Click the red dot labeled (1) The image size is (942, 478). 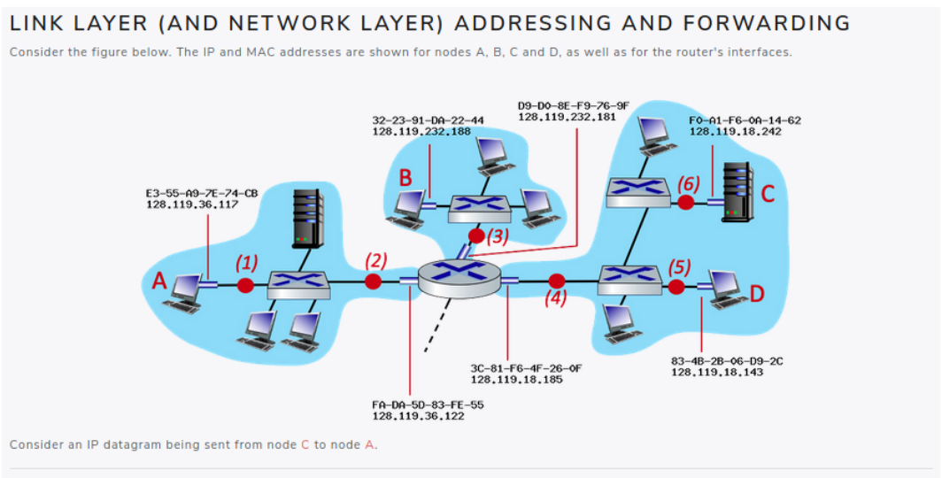click(246, 285)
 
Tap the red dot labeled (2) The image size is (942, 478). click(374, 281)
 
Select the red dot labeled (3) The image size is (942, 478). click(476, 235)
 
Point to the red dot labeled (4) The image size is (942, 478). click(557, 281)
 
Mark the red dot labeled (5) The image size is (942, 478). click(676, 286)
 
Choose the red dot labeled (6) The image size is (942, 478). click(685, 203)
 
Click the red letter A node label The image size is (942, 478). click(158, 281)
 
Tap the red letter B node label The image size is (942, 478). click(405, 178)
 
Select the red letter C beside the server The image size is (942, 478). click(768, 194)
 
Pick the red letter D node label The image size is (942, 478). click(758, 292)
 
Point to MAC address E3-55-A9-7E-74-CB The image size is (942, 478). click(202, 194)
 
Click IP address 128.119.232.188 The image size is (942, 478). click(421, 132)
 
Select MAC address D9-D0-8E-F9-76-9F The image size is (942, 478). click(573, 106)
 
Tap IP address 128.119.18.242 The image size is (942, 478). click(735, 132)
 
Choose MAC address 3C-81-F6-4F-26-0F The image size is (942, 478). click(526, 367)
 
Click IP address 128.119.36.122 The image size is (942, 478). click(416, 415)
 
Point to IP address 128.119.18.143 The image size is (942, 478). click(716, 373)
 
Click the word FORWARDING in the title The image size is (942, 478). click(758, 23)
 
